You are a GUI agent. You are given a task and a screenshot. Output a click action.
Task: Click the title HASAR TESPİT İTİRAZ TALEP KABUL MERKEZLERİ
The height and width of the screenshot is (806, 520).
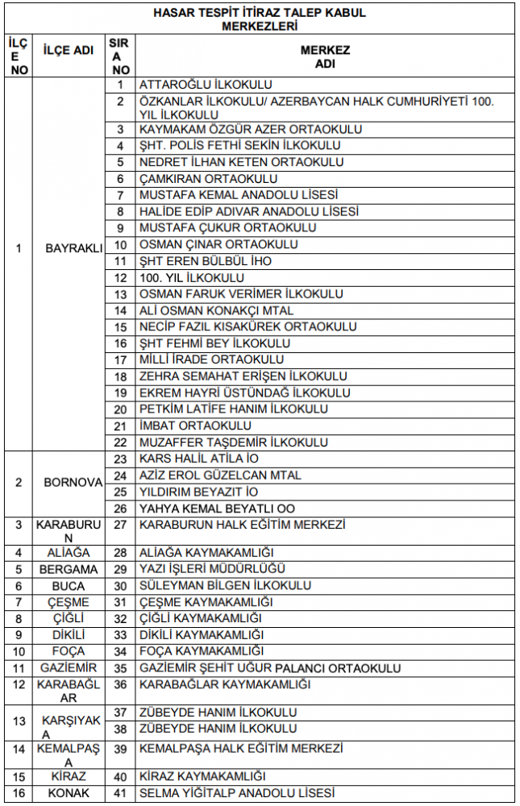[x=259, y=19]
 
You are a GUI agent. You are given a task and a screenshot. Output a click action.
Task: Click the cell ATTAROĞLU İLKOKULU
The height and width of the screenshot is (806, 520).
[x=206, y=85]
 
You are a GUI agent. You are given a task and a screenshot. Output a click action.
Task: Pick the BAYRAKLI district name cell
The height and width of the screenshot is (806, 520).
[x=74, y=247]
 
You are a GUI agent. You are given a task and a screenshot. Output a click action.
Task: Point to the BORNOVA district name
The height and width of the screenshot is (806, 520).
[x=74, y=483]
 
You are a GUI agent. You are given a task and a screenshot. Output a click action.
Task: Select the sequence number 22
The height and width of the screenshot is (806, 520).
[x=121, y=442]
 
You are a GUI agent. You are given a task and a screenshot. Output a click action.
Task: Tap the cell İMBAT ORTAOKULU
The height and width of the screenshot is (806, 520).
[x=195, y=426]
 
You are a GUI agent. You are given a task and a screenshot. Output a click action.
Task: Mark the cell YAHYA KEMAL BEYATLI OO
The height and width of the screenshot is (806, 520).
[x=217, y=509]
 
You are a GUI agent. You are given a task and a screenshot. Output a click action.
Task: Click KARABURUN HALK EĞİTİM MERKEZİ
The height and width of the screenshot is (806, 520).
[x=242, y=525]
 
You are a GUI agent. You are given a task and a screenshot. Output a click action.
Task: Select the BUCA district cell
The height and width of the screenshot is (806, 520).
[x=68, y=586]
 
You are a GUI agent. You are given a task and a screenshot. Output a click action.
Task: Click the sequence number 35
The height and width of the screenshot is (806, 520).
[x=121, y=668]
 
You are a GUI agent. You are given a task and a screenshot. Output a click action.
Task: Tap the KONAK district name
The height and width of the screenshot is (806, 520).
[x=68, y=793]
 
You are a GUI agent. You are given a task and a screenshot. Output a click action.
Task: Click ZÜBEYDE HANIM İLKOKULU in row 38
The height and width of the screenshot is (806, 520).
[x=218, y=729]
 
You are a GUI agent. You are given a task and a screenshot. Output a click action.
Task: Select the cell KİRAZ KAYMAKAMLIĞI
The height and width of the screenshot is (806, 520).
[x=202, y=776]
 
